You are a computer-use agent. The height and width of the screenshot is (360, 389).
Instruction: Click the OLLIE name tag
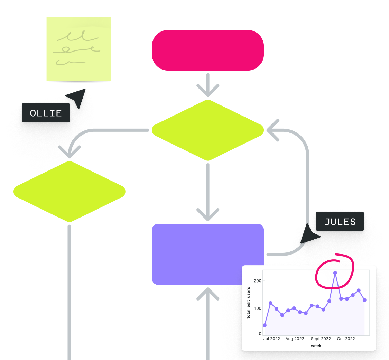click(46, 113)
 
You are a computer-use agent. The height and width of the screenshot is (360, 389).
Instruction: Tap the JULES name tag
click(340, 222)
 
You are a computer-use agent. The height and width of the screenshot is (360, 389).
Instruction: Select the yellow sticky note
click(79, 49)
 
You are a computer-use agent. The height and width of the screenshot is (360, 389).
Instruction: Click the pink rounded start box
click(208, 50)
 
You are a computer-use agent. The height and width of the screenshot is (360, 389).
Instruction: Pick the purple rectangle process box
click(208, 254)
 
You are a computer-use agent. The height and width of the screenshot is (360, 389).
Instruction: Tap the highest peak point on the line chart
click(335, 273)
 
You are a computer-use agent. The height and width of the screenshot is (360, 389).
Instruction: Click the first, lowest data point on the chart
click(265, 325)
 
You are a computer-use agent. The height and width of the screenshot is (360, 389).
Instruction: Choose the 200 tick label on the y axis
click(258, 280)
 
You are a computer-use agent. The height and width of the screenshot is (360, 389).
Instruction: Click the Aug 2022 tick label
click(295, 339)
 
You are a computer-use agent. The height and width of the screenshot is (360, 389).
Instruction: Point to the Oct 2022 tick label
click(346, 339)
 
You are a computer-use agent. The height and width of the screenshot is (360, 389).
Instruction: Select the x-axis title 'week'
click(316, 345)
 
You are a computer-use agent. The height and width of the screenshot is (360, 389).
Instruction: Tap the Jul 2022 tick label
click(271, 339)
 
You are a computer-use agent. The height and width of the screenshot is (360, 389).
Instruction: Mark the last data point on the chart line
click(364, 300)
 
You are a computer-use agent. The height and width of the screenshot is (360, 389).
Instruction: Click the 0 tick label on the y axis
click(260, 334)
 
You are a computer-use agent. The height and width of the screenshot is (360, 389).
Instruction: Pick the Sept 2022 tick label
click(321, 339)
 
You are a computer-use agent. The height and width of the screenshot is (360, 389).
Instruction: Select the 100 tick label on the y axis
click(258, 308)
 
